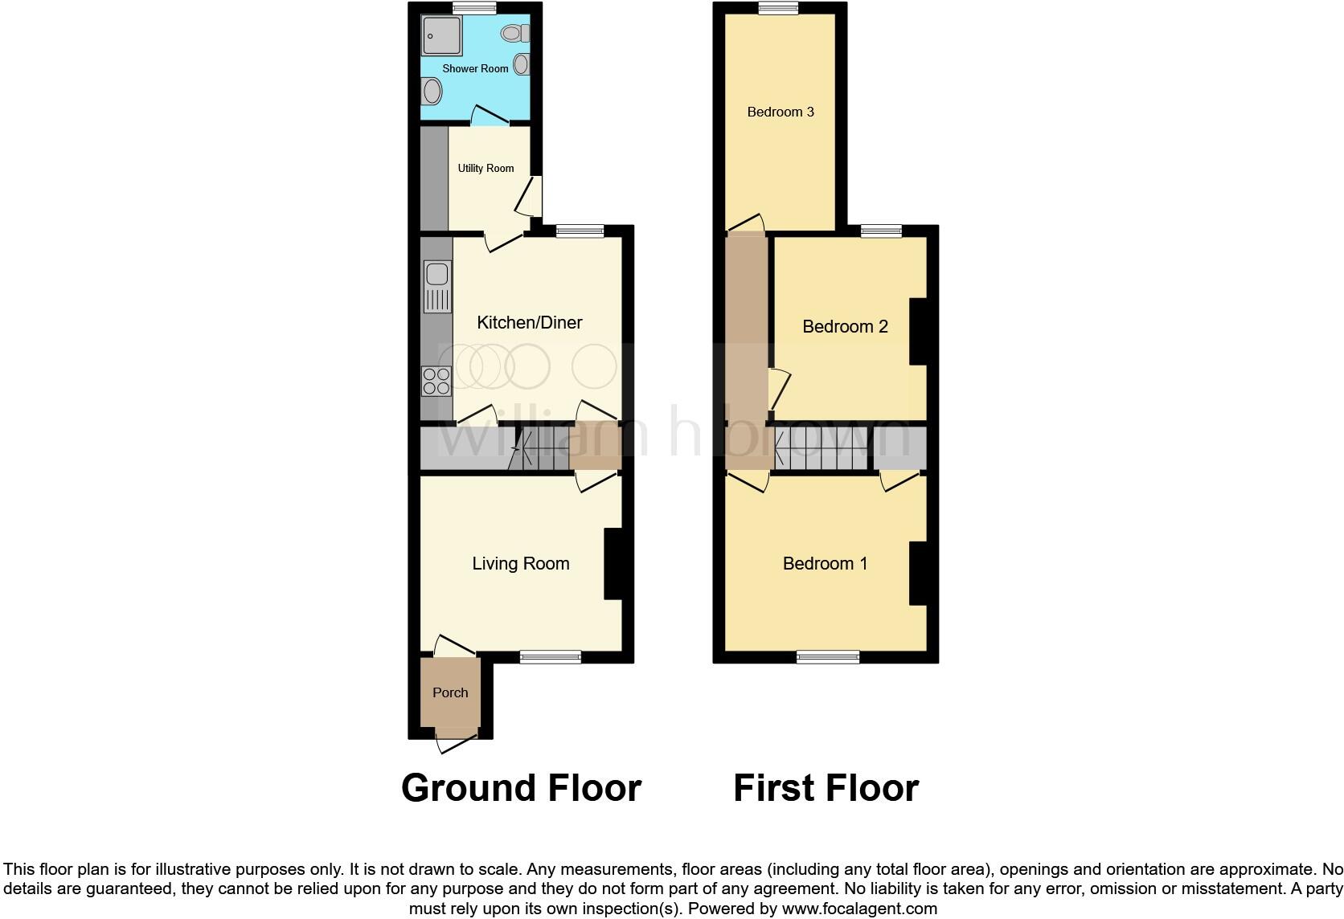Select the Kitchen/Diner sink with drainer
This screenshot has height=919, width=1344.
[x=436, y=287]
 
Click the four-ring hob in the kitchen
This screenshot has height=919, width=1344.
[x=436, y=380]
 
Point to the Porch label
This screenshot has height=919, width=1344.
[x=450, y=692]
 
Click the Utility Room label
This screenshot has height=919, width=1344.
[x=486, y=168]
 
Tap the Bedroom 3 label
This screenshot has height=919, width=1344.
[x=781, y=112]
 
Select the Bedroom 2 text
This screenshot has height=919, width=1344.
[x=845, y=326]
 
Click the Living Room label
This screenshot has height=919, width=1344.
[x=520, y=564]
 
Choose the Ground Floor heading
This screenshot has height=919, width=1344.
[x=521, y=788]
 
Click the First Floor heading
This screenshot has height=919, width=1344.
[x=826, y=788]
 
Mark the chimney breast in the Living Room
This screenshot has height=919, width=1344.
[x=613, y=563]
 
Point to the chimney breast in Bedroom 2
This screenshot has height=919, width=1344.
[x=918, y=332]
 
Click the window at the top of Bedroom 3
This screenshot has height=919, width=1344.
[x=779, y=8]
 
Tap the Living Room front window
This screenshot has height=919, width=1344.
[x=551, y=657]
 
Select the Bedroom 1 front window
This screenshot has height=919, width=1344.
[x=828, y=657]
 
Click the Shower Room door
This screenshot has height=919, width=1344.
[x=490, y=117]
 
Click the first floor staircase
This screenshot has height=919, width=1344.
[x=823, y=448]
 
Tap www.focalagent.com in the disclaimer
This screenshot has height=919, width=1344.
[x=859, y=909]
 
